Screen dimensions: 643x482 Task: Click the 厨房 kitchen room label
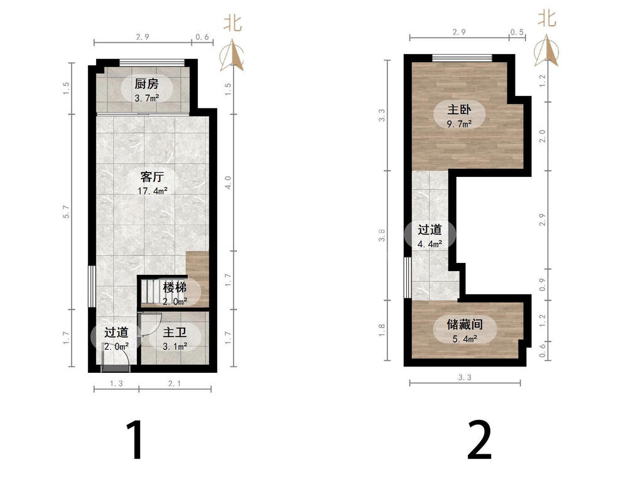pos(146,84)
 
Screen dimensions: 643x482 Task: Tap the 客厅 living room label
pos(152,176)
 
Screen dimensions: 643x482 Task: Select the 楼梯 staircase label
pos(175,287)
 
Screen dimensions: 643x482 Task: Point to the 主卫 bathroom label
pos(175,332)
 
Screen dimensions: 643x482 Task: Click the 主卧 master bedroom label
pos(459,109)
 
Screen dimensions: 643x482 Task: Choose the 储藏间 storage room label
pos(465,324)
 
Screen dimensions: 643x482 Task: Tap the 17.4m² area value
pos(153,191)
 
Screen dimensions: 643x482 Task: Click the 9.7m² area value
pos(459,124)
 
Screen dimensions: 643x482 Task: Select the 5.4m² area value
pos(465,339)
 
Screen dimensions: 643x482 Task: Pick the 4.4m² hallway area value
pos(430,244)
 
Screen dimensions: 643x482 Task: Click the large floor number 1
pos(136,440)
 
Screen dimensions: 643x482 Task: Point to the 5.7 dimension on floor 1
pos(67,212)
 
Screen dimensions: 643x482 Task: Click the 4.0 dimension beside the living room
pos(228,183)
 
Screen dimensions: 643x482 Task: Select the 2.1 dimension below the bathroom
pos(175,383)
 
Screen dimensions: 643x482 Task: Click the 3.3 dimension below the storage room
pos(465,377)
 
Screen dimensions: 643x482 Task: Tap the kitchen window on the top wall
pos(152,63)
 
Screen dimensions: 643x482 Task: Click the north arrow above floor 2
pos(546,51)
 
